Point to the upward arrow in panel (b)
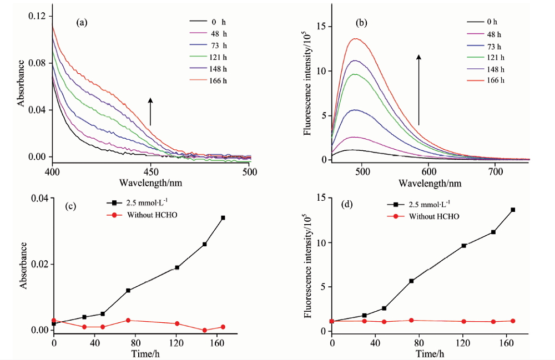click(x=419, y=89)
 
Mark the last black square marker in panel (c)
click(x=223, y=217)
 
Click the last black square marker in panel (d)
click(x=513, y=210)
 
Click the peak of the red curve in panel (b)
click(x=355, y=39)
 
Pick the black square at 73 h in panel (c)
click(x=128, y=290)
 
